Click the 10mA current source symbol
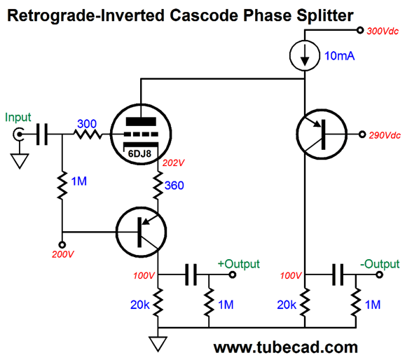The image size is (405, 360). tap(305, 55)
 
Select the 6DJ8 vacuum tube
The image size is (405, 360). tap(141, 134)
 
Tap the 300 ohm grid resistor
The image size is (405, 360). tap(88, 134)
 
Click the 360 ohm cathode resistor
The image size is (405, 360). tap(158, 185)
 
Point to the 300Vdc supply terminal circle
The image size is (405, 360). tap(360, 30)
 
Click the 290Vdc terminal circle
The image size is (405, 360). tap(362, 134)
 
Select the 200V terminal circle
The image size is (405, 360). tap(62, 244)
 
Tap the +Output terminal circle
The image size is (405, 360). tap(233, 275)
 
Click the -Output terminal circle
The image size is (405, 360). tap(379, 275)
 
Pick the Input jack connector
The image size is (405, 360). tap(19, 134)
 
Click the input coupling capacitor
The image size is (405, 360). tap(42, 134)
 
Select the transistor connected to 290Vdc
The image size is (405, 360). tap(322, 134)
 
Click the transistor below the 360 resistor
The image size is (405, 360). tap(141, 232)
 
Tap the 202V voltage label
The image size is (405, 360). tap(173, 163)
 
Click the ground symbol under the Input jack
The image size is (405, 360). tap(20, 161)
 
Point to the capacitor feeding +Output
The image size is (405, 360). tap(191, 275)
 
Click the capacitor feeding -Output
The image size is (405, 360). tap(338, 275)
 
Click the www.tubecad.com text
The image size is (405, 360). tap(286, 347)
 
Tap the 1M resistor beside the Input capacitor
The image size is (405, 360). tap(62, 185)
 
